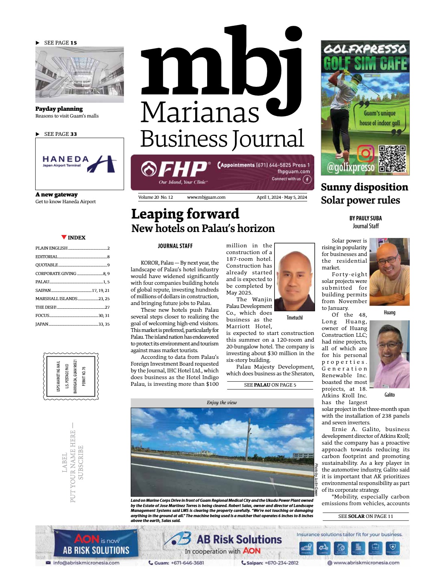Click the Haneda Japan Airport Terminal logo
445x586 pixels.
pos(79,164)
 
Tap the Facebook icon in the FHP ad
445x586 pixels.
pos(307,179)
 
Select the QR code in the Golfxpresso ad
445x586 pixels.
pos(392,159)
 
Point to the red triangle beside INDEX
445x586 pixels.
pos(64,237)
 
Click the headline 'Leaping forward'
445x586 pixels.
pos(185,214)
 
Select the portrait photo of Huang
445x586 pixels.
pos(389,272)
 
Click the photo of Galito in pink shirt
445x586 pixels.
pos(389,355)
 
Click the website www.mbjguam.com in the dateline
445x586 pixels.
pos(206,197)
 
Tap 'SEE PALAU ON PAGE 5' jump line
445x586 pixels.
pos(270,385)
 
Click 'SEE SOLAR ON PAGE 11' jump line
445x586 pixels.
pos(366,516)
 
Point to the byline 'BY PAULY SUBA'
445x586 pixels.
pos(366,218)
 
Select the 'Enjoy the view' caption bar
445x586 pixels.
pos(222,403)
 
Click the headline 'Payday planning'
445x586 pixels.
pos(59,109)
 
